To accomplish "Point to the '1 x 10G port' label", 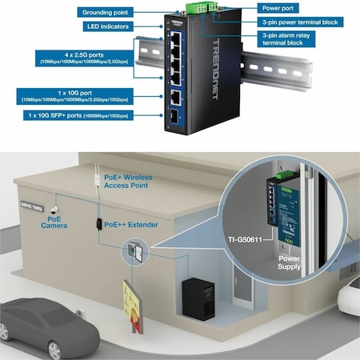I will tap(74, 98).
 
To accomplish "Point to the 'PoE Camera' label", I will tap(55, 222).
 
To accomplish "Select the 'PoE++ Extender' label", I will tap(131, 226).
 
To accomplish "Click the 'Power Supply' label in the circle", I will tap(289, 264).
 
